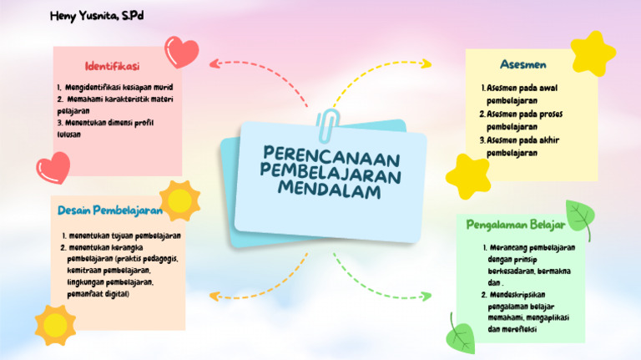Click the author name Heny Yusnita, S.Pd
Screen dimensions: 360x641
pos(97,17)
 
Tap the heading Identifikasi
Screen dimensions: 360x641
pos(112,66)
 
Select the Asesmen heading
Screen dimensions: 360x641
pos(523,64)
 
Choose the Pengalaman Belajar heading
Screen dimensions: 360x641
pos(516,225)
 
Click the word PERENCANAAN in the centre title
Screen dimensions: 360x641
pos(331,157)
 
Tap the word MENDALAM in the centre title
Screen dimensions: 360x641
pos(331,191)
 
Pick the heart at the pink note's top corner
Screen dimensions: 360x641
pos(181,52)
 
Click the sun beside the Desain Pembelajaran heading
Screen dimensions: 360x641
pos(179,200)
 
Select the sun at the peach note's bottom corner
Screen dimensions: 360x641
pos(56,324)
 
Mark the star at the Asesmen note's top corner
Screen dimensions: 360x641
pos(593,53)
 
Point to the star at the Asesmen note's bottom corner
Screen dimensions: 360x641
pos(467,175)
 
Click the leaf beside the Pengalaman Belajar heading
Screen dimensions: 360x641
pos(579,218)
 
